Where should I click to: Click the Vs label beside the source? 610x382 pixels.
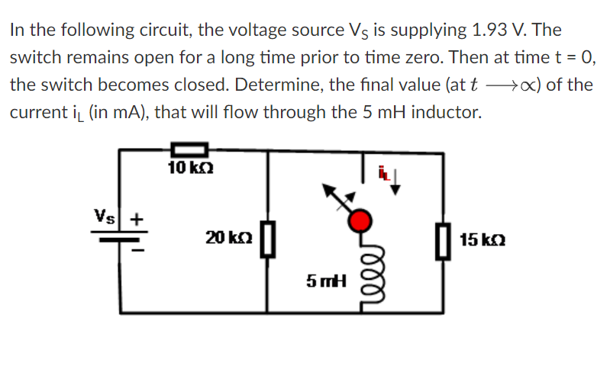pyautogui.click(x=105, y=216)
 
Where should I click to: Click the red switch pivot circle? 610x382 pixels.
pyautogui.click(x=360, y=221)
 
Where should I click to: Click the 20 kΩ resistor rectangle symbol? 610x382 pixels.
pyautogui.click(x=266, y=239)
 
